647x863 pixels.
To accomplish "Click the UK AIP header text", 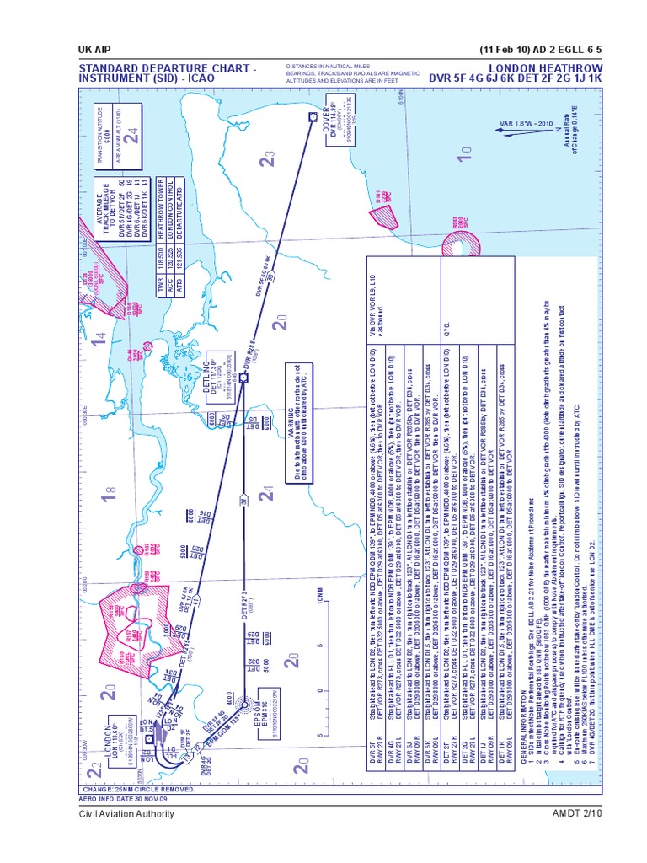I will (x=98, y=46).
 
